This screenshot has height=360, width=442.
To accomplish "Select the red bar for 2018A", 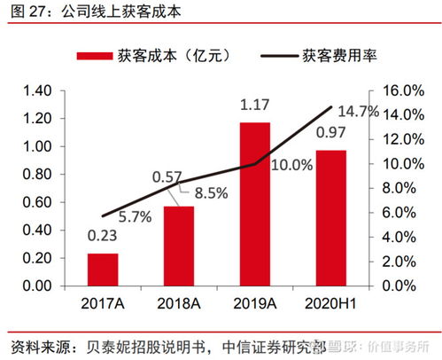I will click(x=178, y=246).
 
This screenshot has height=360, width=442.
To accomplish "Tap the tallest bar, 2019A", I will click(x=255, y=204).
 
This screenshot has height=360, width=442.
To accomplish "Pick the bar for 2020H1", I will click(x=331, y=218).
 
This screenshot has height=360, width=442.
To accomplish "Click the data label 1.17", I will click(x=254, y=107).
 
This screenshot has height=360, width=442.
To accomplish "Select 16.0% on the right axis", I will click(x=404, y=90).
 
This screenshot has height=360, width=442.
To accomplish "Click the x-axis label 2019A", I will click(x=255, y=304).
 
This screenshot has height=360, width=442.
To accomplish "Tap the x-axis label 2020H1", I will click(x=331, y=304).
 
